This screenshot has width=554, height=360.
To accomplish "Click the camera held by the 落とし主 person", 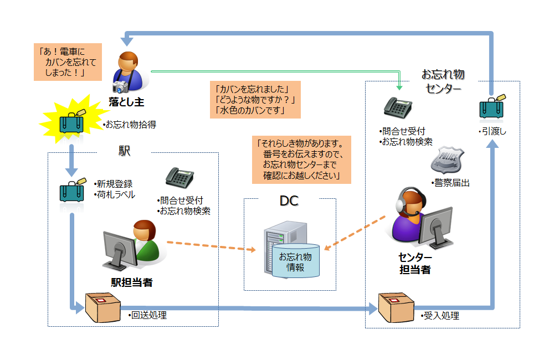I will click(x=120, y=86).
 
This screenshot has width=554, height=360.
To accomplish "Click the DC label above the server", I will click(x=289, y=201).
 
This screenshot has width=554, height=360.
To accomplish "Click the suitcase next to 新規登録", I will click(x=73, y=191).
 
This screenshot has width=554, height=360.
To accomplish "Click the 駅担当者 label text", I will click(x=132, y=282).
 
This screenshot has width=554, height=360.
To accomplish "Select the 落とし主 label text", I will click(x=126, y=101).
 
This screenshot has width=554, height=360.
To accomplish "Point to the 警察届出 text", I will click(x=450, y=182).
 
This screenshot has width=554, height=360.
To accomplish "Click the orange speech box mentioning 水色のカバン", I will click(x=256, y=100).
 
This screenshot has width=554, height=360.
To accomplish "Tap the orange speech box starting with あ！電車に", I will click(x=68, y=62).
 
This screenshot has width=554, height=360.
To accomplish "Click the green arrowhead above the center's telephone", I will click(x=399, y=87).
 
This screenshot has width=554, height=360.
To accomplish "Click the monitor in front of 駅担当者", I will click(x=119, y=248).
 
